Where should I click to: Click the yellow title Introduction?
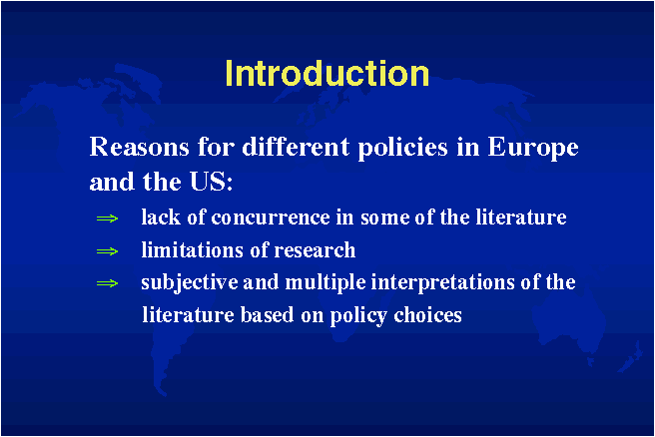[x=327, y=74]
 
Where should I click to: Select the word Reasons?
[x=139, y=147]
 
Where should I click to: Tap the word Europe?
[x=533, y=149]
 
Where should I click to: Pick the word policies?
[x=402, y=149]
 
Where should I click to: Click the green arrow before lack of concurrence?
[x=108, y=218]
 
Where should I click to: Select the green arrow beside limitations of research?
[x=108, y=251]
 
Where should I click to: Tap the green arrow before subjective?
[x=108, y=283]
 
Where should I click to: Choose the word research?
[x=315, y=250]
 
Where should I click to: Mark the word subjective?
[x=190, y=283]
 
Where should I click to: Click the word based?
[x=268, y=314]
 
